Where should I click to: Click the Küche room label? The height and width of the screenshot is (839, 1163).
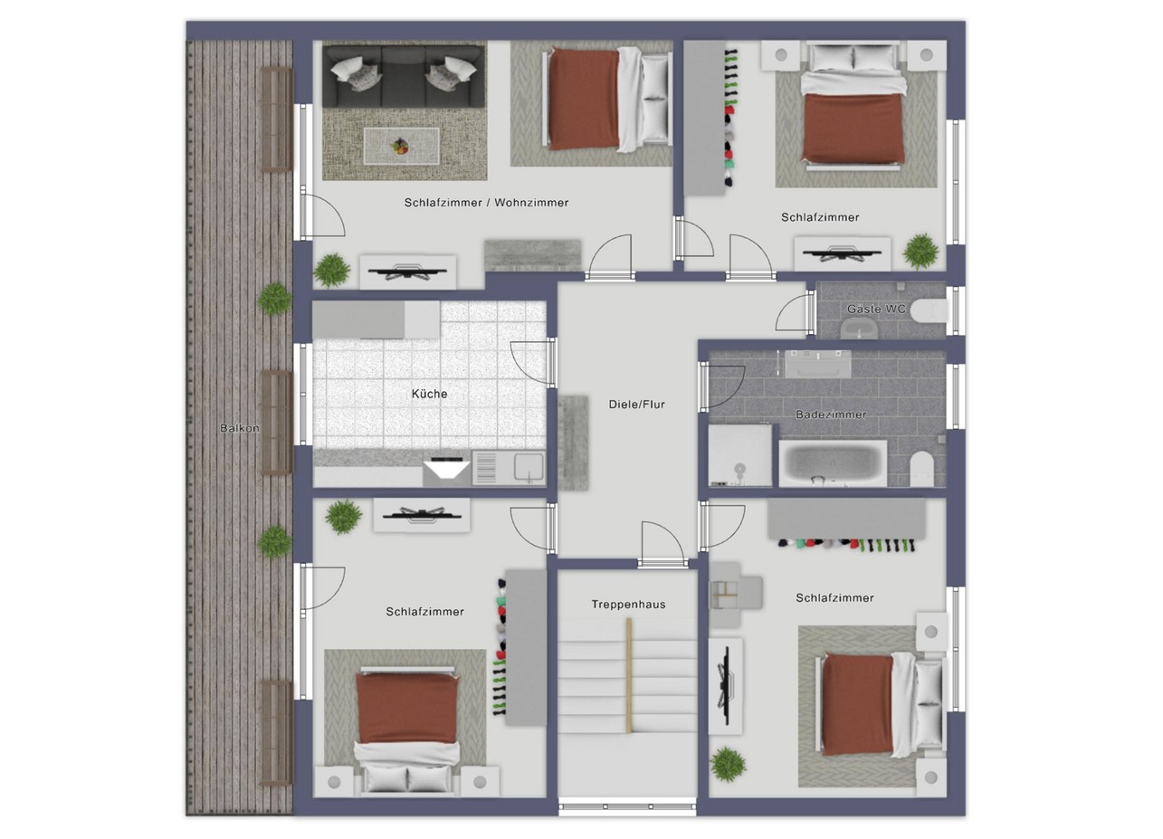coord(429,394)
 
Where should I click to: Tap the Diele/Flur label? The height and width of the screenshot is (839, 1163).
coord(636,405)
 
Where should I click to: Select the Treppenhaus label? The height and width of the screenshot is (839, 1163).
coord(628,605)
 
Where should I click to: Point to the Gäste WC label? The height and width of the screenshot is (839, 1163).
coord(876,309)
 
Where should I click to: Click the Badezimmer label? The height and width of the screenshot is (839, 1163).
coord(831,415)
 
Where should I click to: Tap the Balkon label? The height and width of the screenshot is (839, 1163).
coord(239,428)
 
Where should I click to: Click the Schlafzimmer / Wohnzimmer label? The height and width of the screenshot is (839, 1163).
coord(487,203)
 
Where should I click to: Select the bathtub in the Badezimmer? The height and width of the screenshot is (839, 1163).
coord(833,463)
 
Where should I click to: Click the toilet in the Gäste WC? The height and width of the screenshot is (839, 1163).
coord(929,311)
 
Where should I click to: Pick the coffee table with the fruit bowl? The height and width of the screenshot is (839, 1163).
coord(401,146)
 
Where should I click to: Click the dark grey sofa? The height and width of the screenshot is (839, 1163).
coord(404,76)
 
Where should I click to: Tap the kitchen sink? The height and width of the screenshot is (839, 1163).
coord(529,467)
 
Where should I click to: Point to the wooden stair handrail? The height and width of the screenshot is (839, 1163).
coord(629,675)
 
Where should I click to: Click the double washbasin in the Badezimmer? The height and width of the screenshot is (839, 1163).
coord(818,364)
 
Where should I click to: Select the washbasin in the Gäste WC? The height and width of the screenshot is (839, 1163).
coord(859,329)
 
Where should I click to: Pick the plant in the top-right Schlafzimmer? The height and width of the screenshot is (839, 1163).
coord(920,252)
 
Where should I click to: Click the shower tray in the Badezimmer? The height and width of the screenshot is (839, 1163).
coord(739,455)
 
